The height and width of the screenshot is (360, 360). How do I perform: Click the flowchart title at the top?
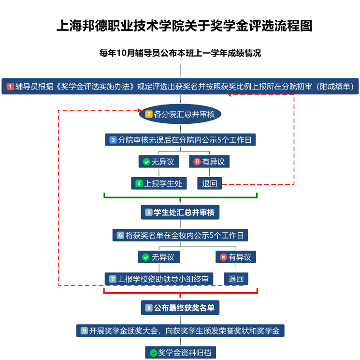point(185,26)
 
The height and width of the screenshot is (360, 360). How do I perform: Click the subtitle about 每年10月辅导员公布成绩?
point(180,53)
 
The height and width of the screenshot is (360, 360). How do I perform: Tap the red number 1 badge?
point(10,87)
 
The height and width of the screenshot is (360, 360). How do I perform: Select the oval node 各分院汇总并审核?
point(180,114)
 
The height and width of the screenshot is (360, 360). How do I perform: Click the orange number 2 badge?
point(149,114)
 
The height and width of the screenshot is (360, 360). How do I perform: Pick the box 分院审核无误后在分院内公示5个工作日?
point(180,140)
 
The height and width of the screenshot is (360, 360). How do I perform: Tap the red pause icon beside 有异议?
point(197,162)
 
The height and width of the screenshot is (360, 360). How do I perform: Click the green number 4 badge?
point(139,183)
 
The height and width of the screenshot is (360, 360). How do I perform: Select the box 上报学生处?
point(159,183)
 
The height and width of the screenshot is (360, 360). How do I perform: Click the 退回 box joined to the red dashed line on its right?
point(210,183)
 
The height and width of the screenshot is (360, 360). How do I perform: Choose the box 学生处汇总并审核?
point(180,212)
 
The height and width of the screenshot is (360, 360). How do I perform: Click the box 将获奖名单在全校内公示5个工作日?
point(180,235)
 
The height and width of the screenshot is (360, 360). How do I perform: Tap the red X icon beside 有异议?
point(223,257)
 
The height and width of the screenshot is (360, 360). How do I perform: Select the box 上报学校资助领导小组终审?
point(159,279)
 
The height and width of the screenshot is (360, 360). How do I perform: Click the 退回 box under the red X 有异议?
point(236,279)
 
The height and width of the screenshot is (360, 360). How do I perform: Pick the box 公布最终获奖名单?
point(180,308)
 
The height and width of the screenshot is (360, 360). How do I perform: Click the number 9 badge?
point(84,331)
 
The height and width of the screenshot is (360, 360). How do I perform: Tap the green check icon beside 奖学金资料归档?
point(153,353)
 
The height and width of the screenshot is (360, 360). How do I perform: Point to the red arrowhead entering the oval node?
point(139,110)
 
